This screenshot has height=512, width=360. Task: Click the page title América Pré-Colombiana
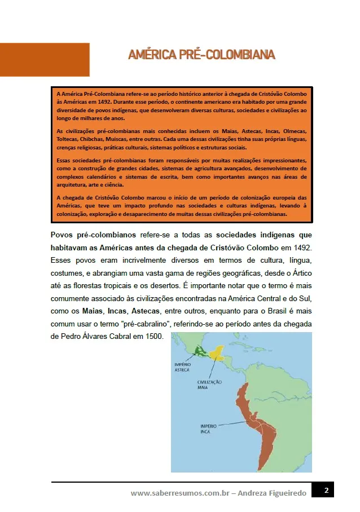tap(201, 55)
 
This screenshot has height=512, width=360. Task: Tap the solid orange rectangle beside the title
tap(45, 59)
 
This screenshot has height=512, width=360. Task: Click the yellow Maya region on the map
tap(217, 354)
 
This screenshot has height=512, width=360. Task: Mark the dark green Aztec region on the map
tap(199, 350)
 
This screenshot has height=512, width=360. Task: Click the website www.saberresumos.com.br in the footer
tap(181, 493)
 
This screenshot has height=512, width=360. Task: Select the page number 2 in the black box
tap(326, 491)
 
